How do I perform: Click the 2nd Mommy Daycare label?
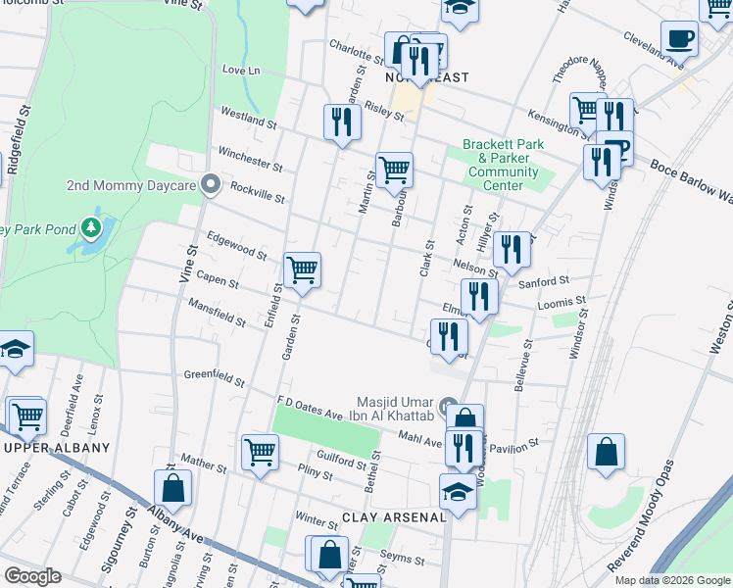(128, 185)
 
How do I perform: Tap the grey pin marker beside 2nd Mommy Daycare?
(209, 184)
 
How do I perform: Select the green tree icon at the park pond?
(91, 228)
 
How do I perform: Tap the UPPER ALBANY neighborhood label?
(56, 448)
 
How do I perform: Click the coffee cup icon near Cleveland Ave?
(678, 38)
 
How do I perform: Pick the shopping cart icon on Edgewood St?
(302, 269)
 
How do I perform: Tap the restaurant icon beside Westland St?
(341, 122)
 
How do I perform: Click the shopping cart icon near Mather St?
(260, 452)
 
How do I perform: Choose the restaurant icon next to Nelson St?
(511, 249)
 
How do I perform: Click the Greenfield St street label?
(212, 376)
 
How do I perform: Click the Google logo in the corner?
(32, 575)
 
